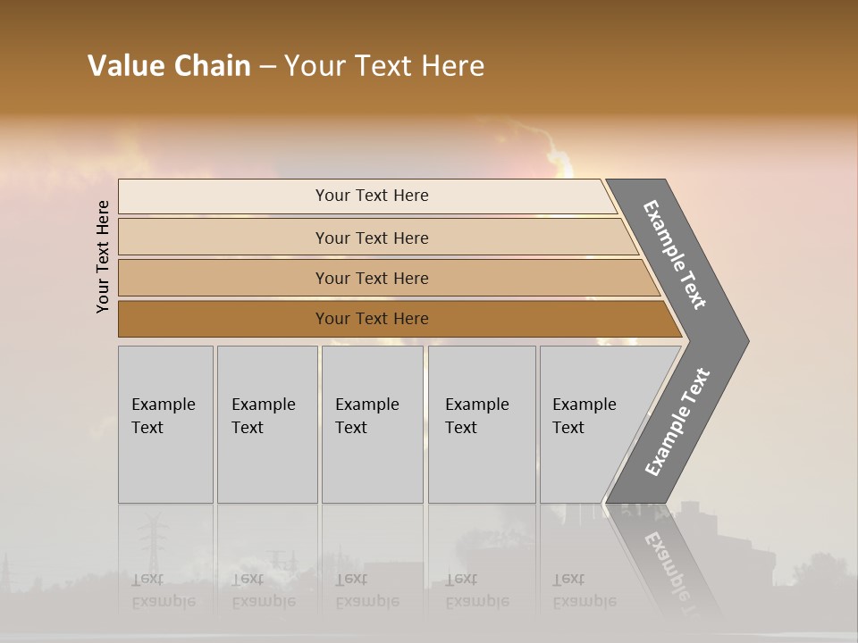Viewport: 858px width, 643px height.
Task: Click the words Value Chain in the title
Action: (x=169, y=66)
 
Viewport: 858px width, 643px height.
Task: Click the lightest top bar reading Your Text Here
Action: (x=371, y=196)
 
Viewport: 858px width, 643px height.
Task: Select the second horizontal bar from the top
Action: (x=371, y=238)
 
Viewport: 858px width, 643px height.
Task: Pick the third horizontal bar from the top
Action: (x=371, y=278)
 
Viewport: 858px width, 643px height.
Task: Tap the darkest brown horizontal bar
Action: (x=371, y=319)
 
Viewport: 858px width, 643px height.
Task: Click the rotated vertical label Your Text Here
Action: (x=103, y=256)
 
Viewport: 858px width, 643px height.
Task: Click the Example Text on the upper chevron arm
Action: (x=675, y=255)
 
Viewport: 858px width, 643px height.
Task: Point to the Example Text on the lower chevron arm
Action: (x=677, y=422)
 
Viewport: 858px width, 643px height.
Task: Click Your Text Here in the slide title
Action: (x=384, y=66)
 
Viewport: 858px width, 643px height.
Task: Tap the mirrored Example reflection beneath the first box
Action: (x=163, y=601)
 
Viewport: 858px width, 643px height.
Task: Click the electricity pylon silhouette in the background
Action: (x=153, y=536)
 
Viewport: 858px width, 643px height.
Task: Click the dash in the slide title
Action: (x=267, y=66)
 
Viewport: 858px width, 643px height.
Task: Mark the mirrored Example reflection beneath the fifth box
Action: (x=584, y=601)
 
